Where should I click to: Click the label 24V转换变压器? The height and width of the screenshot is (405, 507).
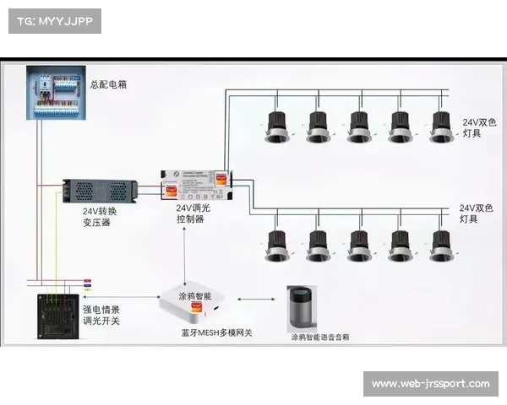point(100,218)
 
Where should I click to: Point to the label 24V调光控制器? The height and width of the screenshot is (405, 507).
point(193,213)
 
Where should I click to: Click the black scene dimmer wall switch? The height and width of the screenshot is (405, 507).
point(55,316)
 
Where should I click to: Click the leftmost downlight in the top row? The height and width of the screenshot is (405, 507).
point(276,127)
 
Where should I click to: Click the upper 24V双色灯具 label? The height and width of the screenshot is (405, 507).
point(477,128)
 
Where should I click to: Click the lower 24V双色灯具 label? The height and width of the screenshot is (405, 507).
point(476,213)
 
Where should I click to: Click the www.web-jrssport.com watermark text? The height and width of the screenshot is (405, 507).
point(430,385)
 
